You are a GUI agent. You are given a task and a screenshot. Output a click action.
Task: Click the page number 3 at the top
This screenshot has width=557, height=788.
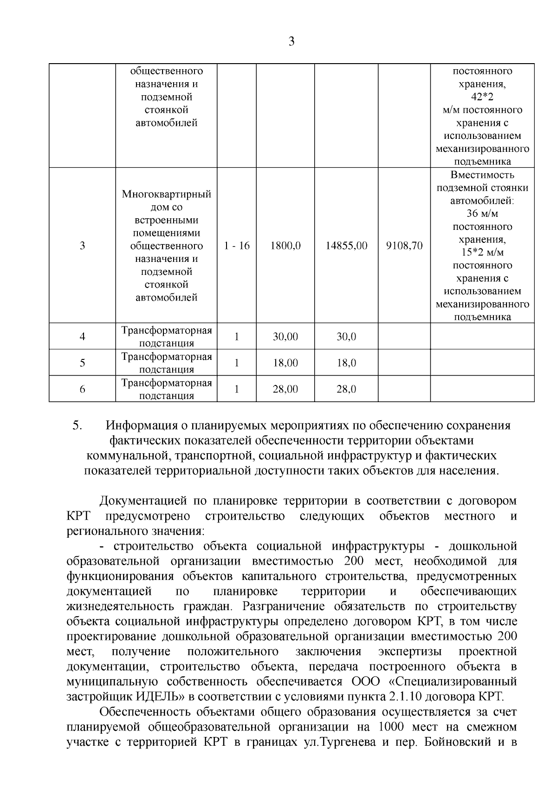click(x=291, y=41)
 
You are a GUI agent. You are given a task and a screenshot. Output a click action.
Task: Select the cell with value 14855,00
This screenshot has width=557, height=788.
click(x=346, y=246)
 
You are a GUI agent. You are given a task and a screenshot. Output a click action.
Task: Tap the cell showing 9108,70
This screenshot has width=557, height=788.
click(x=404, y=246)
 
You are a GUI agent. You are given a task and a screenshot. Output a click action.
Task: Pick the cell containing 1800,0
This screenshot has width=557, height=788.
click(x=285, y=246)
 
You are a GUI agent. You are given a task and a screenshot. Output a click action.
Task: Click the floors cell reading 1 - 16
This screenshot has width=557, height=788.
click(x=237, y=246)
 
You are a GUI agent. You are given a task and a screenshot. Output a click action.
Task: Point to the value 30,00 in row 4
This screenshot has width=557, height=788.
click(x=285, y=337)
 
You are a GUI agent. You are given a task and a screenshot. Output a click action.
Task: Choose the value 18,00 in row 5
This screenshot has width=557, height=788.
click(x=285, y=363)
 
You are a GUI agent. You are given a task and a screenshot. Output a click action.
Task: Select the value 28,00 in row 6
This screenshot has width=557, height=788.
click(x=285, y=389)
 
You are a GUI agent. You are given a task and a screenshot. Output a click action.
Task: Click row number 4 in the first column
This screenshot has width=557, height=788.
click(x=82, y=337)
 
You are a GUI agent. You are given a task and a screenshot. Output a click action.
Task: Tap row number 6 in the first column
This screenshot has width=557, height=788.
click(x=82, y=389)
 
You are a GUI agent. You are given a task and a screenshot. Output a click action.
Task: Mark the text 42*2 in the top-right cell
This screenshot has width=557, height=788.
click(x=482, y=97)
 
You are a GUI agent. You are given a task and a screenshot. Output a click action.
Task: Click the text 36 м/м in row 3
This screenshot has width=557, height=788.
click(x=482, y=214)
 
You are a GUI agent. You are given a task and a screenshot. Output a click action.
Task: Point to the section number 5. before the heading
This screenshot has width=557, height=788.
click(x=78, y=425)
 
